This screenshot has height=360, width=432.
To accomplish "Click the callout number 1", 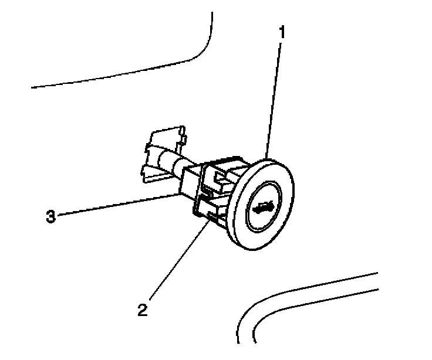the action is [282, 32].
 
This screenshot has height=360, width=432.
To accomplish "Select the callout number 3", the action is [51, 216].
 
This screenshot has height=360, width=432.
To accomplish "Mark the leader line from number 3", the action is [117, 205].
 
